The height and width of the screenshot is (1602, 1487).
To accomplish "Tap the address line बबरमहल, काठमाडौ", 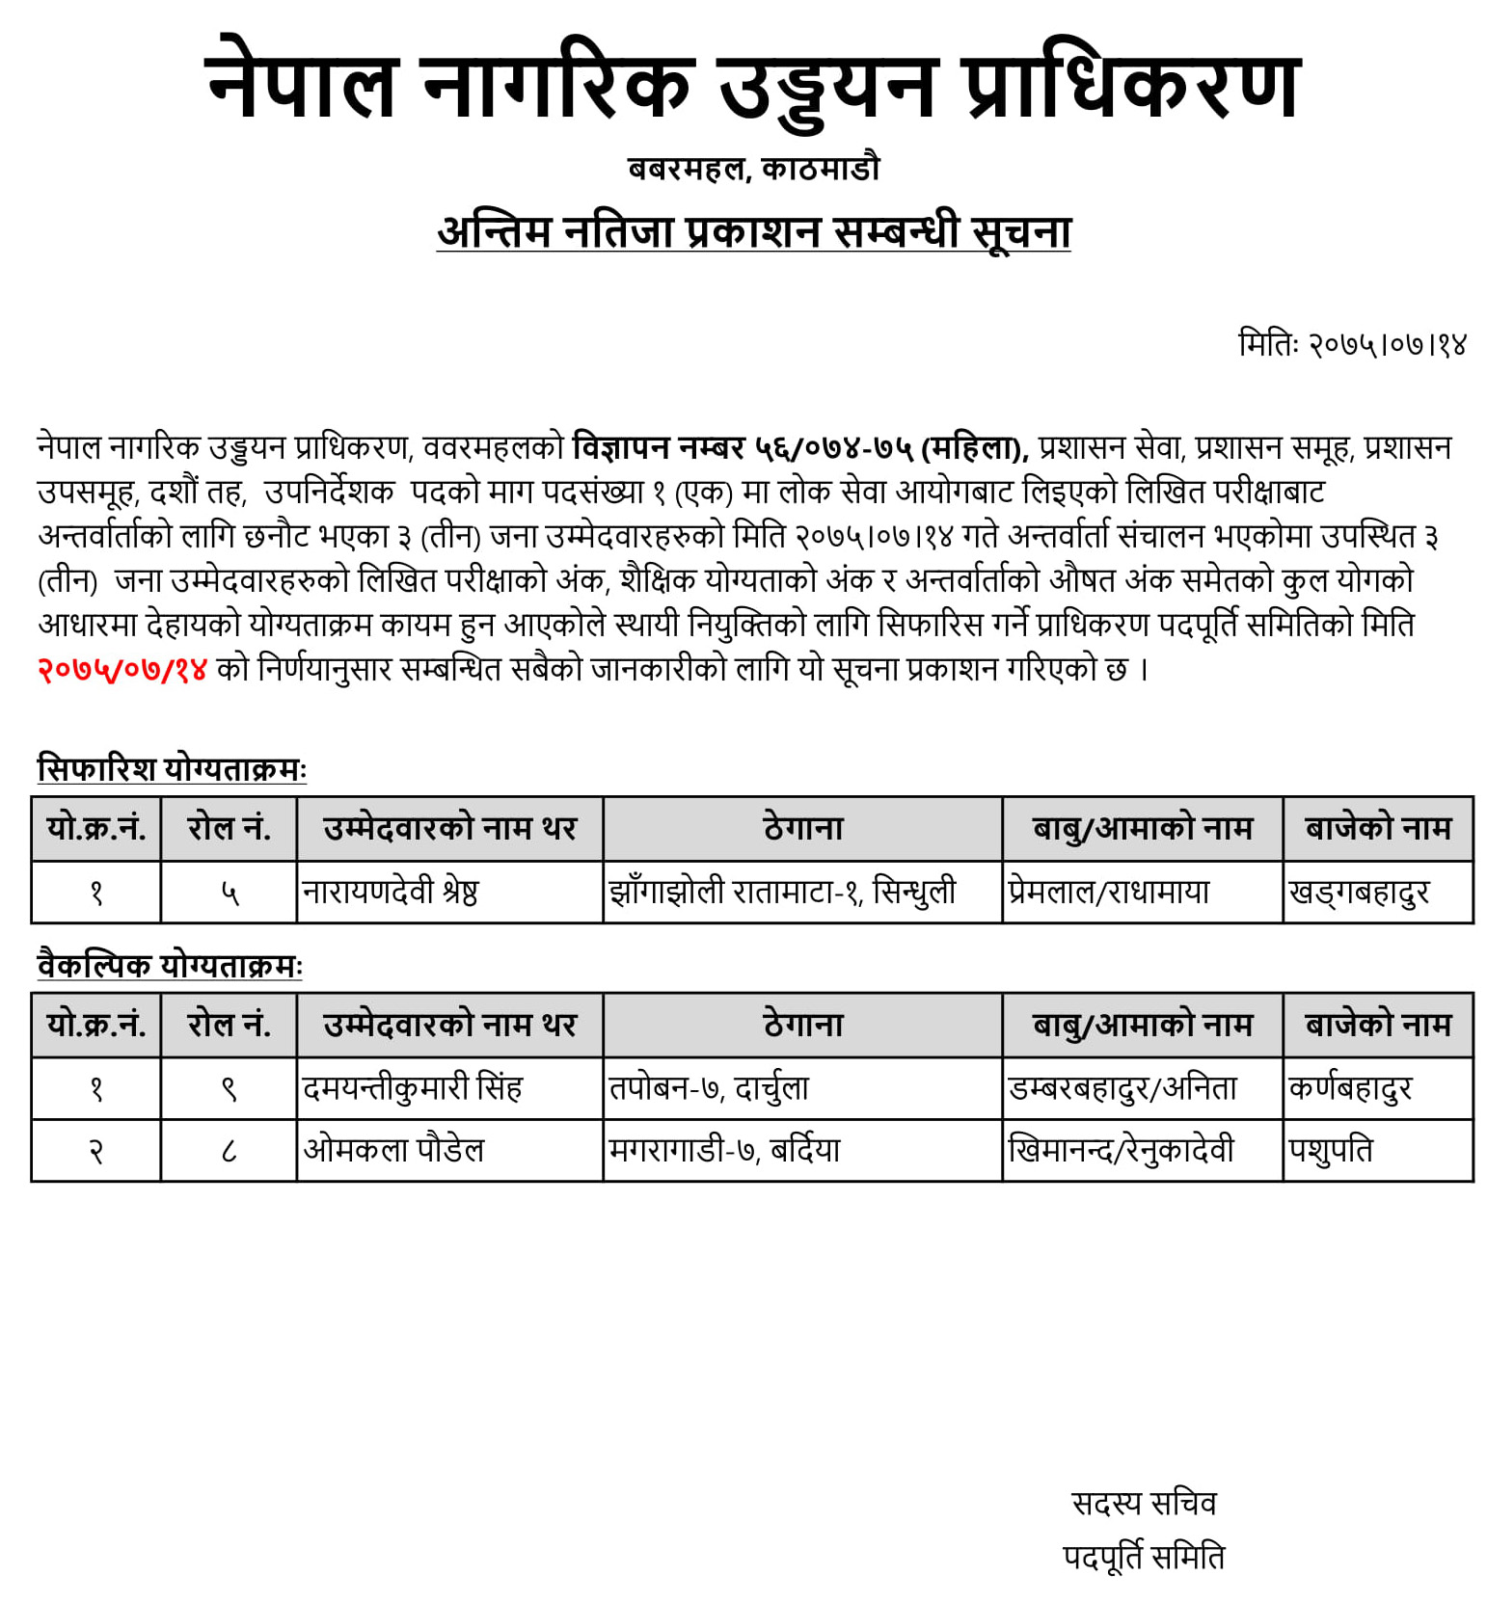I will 753,170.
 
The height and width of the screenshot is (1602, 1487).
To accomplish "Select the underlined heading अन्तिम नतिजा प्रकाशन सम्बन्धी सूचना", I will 753,233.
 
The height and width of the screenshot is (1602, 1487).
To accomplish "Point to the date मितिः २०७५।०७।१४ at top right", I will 1351,344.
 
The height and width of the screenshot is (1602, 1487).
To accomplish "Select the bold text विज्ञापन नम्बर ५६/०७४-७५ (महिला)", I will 800,448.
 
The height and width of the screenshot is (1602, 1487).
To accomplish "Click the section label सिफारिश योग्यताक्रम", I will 171,769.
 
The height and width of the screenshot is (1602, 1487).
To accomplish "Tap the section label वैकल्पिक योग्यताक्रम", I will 169,965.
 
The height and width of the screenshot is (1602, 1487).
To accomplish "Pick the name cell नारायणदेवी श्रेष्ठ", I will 390,893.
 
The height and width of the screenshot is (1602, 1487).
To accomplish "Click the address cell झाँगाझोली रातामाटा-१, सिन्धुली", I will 782,893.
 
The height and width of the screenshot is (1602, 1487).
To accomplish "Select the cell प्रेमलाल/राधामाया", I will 1109,893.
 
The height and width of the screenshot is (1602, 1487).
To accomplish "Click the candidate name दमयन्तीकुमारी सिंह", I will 412,1088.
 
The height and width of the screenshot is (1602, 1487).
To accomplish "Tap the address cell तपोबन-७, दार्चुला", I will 709,1088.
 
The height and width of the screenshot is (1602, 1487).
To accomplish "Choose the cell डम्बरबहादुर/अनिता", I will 1122,1088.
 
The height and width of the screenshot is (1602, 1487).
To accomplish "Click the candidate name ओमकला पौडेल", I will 393,1150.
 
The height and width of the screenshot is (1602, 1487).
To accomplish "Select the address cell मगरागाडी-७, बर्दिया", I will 724,1150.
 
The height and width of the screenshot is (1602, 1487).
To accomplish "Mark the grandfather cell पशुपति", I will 1330,1150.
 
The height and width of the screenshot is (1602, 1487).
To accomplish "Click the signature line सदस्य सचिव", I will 1144,1503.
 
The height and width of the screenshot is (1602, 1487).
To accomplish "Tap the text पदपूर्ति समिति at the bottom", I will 1144,1557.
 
